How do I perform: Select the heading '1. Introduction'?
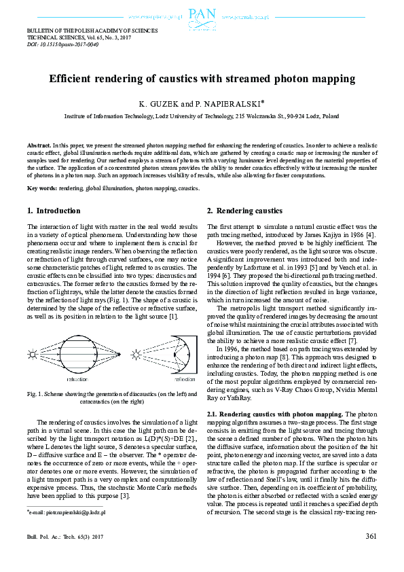point(54,211)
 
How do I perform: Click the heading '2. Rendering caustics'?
point(244,211)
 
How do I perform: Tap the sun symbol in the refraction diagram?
point(33,354)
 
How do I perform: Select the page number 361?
point(370,536)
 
